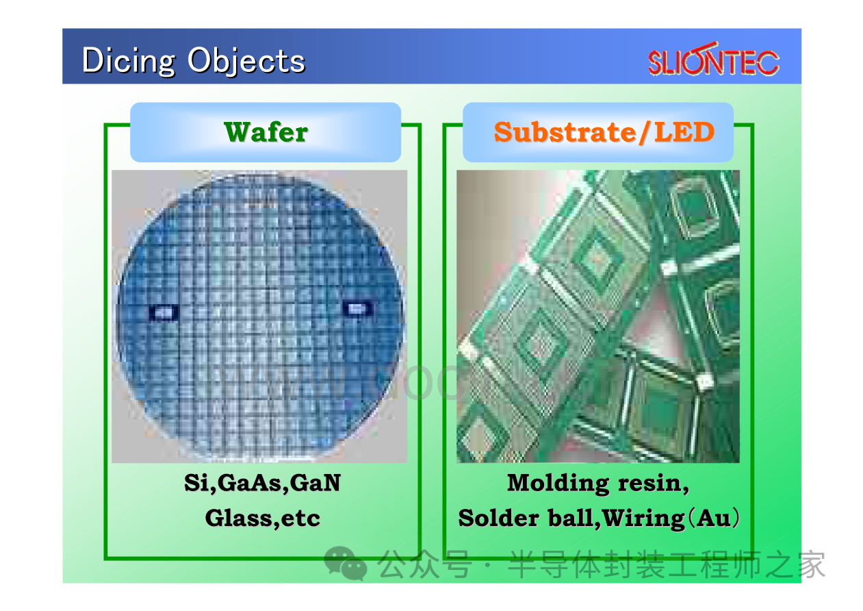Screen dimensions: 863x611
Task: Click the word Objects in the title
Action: click(246, 60)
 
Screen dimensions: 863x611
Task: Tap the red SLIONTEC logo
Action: click(714, 59)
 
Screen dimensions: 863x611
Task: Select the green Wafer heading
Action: click(266, 132)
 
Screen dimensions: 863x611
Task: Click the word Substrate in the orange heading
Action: click(565, 132)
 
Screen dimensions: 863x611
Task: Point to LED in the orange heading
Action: click(684, 132)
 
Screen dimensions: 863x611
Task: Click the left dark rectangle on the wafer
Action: click(164, 312)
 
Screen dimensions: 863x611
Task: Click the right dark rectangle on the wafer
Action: click(357, 308)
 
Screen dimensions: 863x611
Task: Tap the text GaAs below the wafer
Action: click(253, 483)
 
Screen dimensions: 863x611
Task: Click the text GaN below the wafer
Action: click(315, 483)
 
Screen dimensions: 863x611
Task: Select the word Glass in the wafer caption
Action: click(238, 518)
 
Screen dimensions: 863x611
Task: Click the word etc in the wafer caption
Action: click(300, 519)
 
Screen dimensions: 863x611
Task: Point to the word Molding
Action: click(558, 484)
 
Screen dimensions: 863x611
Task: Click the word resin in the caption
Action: click(650, 484)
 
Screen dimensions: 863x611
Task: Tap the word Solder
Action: click(498, 518)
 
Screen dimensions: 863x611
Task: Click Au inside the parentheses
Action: click(714, 518)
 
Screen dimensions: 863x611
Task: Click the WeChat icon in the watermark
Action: click(346, 563)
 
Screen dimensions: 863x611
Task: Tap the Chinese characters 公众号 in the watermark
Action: click(424, 564)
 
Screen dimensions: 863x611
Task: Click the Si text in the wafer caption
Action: click(198, 483)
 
